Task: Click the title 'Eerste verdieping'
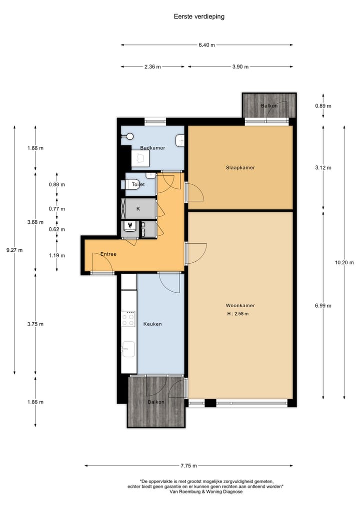click(x=199, y=16)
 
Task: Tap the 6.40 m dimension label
click(x=206, y=45)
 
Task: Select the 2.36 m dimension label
click(x=152, y=66)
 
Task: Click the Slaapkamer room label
click(x=240, y=168)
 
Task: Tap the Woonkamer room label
click(x=240, y=305)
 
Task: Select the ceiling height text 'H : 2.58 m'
click(x=237, y=314)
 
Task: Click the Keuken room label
click(x=152, y=324)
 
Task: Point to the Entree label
click(x=108, y=254)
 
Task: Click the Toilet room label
click(x=138, y=185)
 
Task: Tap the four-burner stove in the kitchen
click(x=128, y=318)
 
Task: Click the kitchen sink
click(x=128, y=348)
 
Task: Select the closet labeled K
click(x=138, y=208)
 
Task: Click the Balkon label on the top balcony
click(x=269, y=106)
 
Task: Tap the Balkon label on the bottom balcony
click(x=156, y=402)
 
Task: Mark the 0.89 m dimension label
click(x=323, y=106)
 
